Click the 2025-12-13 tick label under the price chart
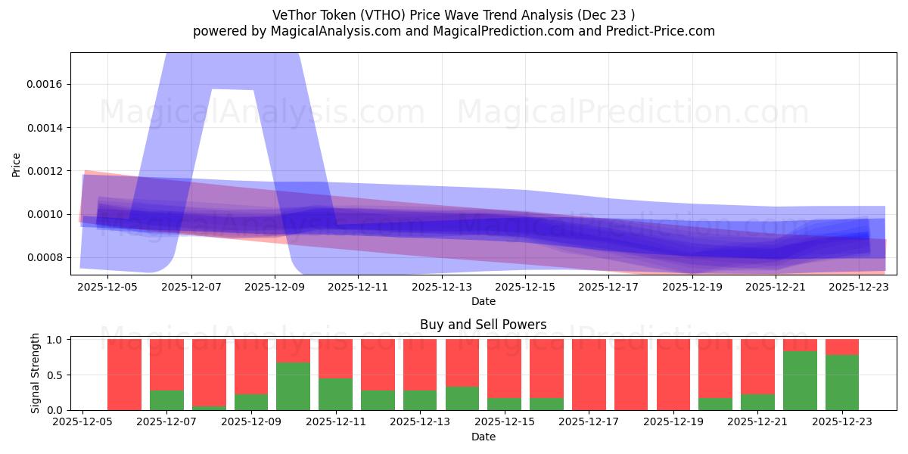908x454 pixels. point(441,288)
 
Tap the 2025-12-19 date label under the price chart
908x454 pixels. point(692,288)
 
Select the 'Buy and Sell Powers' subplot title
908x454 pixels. point(484,325)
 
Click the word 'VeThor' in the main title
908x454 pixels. point(292,14)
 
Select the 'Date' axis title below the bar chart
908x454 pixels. point(484,437)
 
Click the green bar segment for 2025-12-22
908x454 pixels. point(800,381)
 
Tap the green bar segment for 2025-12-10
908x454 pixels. point(293,386)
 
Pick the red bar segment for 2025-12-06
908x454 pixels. point(124,375)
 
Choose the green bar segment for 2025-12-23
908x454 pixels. point(842,382)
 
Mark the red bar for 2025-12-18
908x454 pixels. point(631,375)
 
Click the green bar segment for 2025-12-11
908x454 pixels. point(335,394)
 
